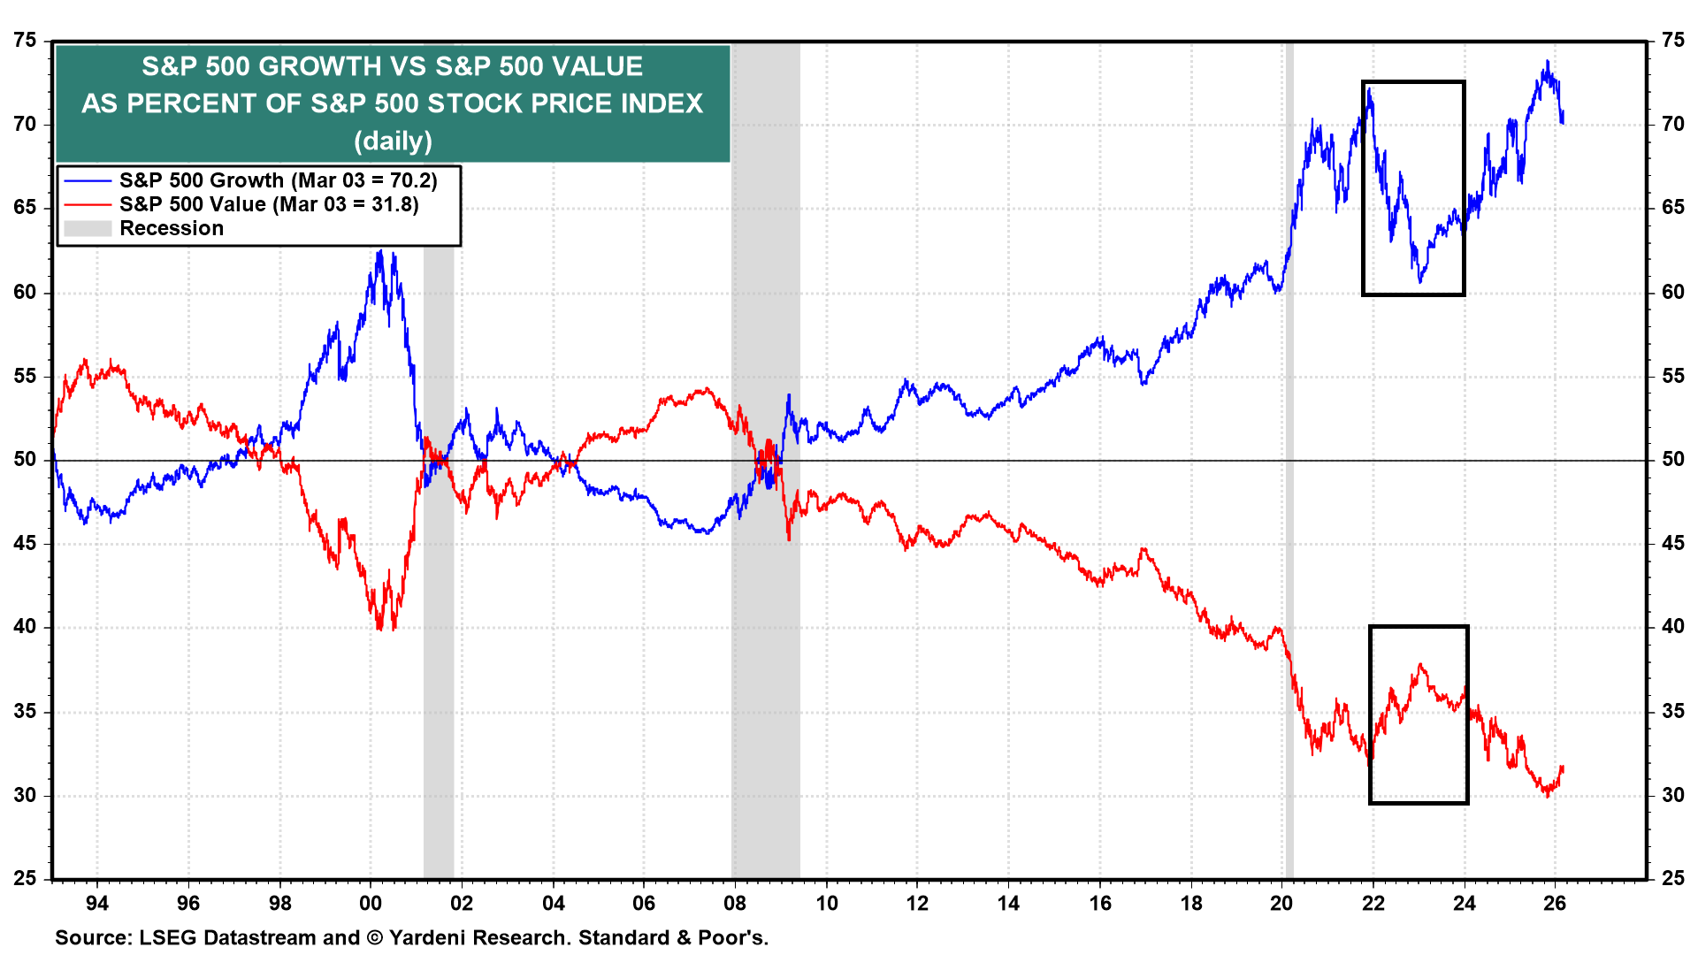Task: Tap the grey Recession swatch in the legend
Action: (88, 228)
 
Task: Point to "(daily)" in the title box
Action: (393, 141)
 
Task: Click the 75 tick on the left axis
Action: (26, 41)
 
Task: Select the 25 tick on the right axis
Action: (1672, 878)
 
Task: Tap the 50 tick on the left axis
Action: (26, 460)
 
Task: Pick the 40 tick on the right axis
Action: (1672, 627)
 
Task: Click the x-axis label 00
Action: (371, 903)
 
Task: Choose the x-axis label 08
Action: (735, 903)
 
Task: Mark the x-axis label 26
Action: (1555, 903)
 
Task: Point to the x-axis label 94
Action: (97, 903)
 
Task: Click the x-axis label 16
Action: (1099, 903)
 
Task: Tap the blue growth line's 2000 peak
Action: (379, 251)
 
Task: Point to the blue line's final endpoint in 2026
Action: (1563, 122)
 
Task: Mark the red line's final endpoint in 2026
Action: (1563, 768)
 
